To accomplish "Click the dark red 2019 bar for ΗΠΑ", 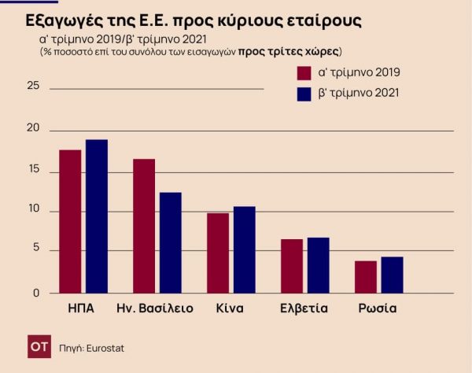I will coord(70,221).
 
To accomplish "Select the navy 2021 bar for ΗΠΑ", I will coord(97,216).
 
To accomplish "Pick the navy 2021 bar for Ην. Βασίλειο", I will coord(170,242).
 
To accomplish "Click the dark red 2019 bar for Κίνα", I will coord(218,253).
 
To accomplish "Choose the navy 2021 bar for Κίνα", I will coord(244,249).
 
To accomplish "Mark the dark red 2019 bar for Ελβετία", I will coord(292,266).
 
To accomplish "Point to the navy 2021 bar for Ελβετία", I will coord(318,265).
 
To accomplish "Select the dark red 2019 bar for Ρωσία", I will coord(366,277).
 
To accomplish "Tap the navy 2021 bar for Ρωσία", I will coord(392,275).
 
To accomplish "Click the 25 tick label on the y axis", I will coord(33,87).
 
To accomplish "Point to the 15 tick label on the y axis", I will coord(33,170).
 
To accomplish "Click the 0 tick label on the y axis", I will coord(35,293).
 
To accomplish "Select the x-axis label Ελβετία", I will coord(303,308).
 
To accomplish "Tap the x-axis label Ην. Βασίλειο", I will coord(154,308).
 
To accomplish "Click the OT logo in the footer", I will coord(37,346).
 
